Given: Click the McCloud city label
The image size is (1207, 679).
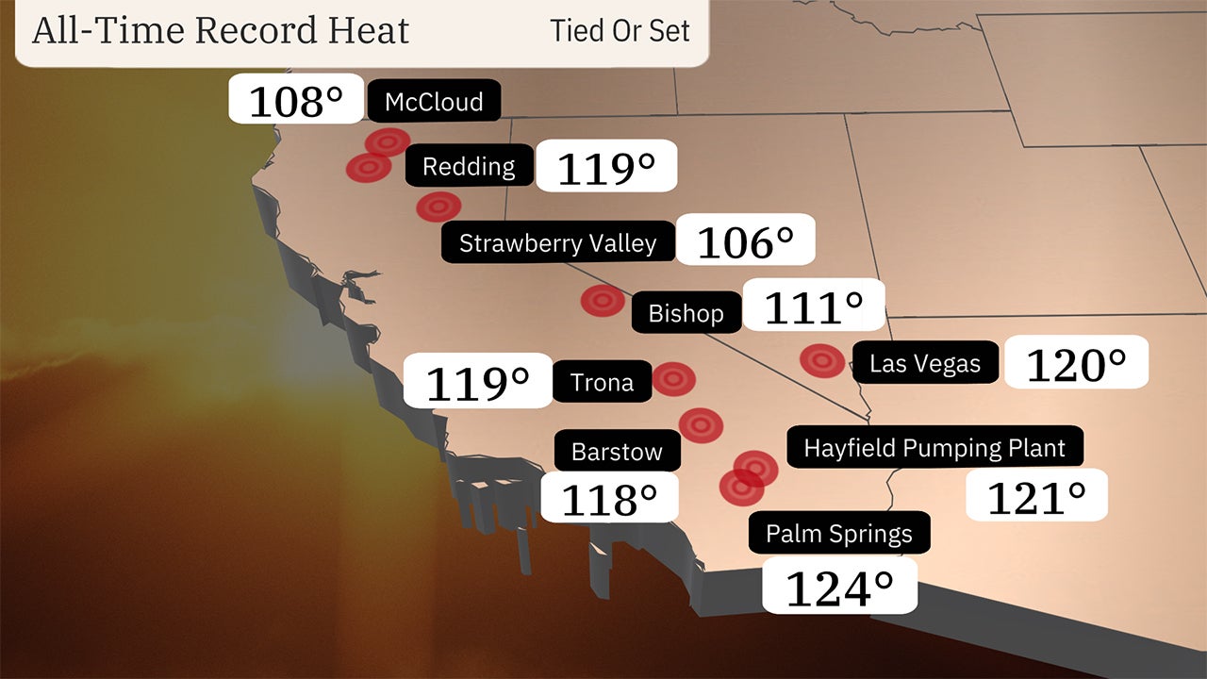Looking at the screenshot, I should pos(434,101).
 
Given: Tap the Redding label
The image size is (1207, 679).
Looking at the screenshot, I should pos(469,167).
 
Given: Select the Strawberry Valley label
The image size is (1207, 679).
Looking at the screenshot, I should pos(557,242).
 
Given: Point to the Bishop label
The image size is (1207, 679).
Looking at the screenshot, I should pos(686,313).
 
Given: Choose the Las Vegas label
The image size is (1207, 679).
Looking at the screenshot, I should pos(924,363).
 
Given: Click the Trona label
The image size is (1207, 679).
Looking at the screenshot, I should pos(602,382).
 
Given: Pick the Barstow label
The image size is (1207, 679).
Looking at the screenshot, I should pos(617,452).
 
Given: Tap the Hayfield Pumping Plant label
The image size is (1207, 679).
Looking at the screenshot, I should pos(934,448).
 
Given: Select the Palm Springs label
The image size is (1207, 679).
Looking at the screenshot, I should pos(838,534).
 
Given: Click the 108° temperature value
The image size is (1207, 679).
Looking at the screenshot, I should pos(295,100).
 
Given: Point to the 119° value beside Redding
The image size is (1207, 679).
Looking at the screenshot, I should pos(606,168).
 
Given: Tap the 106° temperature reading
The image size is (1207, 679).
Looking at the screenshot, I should pos(745,241).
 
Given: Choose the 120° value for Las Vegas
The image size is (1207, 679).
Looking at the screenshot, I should pos(1076,363).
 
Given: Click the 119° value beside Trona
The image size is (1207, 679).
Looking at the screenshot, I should pos(477,382).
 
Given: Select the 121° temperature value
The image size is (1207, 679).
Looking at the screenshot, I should pos(1035,496).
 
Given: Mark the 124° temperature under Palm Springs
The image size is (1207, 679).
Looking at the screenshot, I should pos(838,588).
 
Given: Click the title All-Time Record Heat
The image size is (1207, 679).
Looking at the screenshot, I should pos(221,30).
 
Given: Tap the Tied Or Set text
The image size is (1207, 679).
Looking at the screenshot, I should pos(620,30).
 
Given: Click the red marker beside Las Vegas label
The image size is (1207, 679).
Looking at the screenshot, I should pos(822,360).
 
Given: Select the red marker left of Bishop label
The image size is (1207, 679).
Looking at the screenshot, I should pos(603,301).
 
